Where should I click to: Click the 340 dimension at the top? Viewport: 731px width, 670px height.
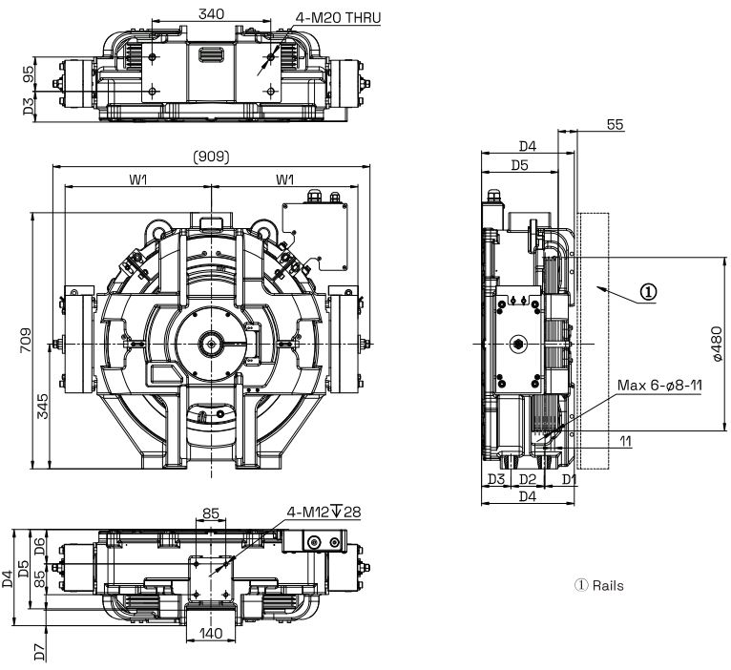click(x=212, y=13)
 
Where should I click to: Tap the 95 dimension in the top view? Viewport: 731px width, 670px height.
click(x=29, y=75)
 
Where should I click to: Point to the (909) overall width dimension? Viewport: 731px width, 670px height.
click(x=212, y=157)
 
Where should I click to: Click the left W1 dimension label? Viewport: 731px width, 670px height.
click(x=138, y=179)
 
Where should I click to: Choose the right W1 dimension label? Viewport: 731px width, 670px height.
click(x=285, y=179)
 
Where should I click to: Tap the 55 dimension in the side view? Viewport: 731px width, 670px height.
click(x=615, y=125)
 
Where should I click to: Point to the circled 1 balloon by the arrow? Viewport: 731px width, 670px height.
click(x=648, y=292)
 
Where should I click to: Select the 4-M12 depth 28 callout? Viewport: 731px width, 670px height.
click(x=324, y=513)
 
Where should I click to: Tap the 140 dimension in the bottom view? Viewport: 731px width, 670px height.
click(x=211, y=632)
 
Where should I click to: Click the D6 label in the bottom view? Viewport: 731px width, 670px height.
click(x=39, y=545)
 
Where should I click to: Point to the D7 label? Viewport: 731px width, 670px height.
click(x=39, y=650)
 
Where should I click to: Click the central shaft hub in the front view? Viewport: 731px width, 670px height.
click(x=211, y=344)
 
